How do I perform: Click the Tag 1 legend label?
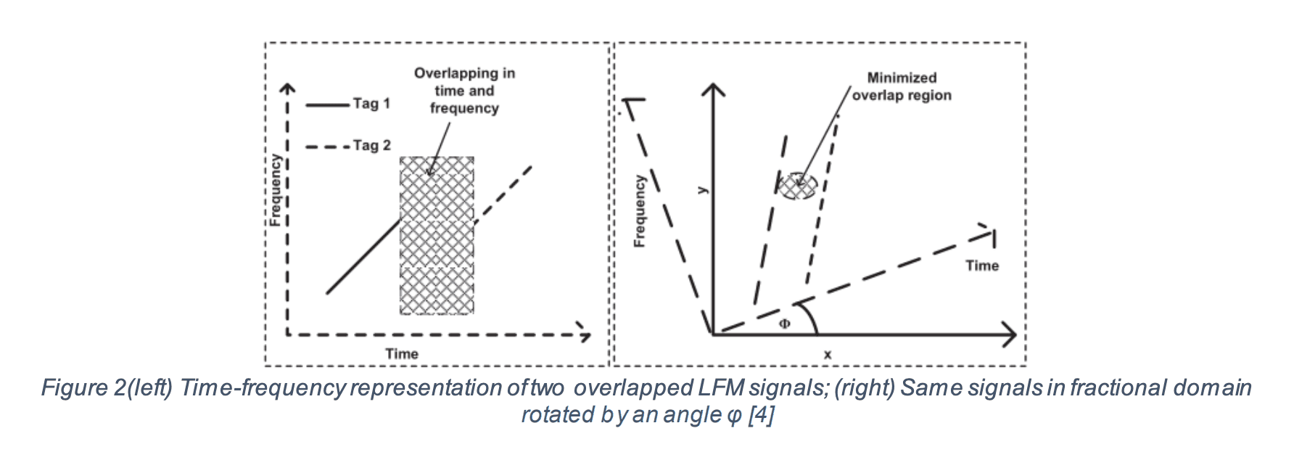click(x=371, y=104)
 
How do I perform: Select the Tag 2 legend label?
click(x=371, y=146)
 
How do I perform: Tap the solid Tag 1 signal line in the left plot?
click(x=363, y=257)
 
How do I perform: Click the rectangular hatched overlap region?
click(x=437, y=236)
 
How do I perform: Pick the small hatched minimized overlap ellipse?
click(x=797, y=185)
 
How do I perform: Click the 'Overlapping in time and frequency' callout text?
click(x=464, y=91)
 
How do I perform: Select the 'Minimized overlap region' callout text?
click(x=902, y=86)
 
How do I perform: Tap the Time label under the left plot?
click(x=402, y=354)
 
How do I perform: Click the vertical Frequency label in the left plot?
click(x=276, y=190)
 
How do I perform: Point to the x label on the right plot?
click(x=828, y=355)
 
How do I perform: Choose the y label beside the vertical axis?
click(x=702, y=190)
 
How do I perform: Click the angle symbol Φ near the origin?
click(x=784, y=324)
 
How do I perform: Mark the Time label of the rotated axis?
click(x=982, y=266)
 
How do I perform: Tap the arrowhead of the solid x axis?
click(x=1010, y=334)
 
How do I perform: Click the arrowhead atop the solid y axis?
click(x=714, y=90)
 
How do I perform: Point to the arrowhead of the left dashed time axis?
click(x=584, y=333)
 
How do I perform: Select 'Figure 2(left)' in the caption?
click(x=107, y=388)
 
